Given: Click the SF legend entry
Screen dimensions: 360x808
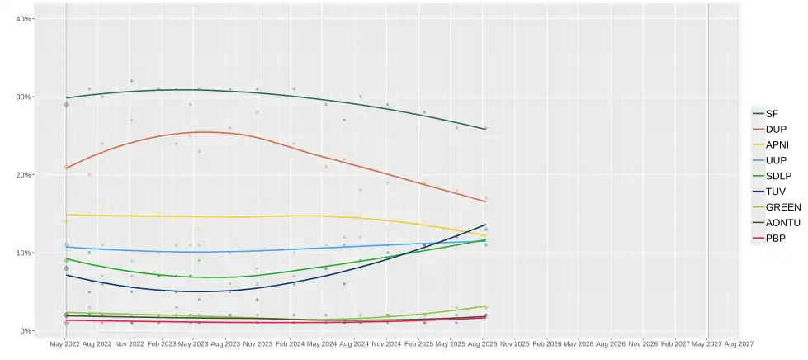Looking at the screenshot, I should (771, 113).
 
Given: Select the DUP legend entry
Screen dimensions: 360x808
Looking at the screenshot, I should (774, 129).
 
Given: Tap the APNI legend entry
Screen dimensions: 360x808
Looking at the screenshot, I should (776, 144).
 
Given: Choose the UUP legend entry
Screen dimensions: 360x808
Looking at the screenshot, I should (774, 160).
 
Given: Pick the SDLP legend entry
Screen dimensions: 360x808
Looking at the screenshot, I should (777, 176).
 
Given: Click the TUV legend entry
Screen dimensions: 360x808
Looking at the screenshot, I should (774, 192).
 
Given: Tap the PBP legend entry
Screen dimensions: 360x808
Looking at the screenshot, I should (774, 239).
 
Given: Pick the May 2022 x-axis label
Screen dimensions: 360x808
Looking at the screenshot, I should (66, 343).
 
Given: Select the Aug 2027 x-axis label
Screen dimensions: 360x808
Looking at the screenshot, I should (739, 343).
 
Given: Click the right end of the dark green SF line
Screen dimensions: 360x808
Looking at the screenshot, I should (485, 129).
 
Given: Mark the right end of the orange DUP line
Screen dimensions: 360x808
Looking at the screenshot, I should (485, 201).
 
